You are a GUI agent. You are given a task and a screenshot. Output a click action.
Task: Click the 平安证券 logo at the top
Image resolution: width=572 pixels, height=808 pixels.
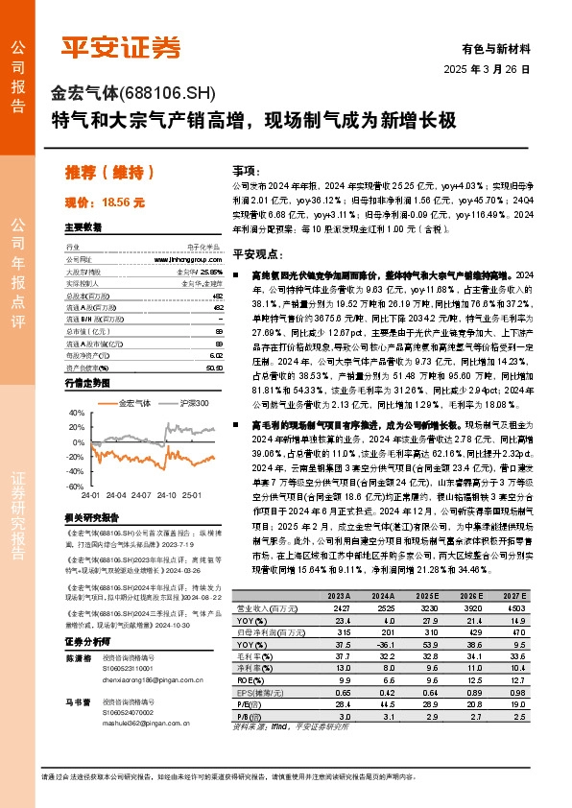coord(121,46)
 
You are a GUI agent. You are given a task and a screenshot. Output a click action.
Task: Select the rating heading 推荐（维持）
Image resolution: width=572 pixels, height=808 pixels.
coord(110,173)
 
